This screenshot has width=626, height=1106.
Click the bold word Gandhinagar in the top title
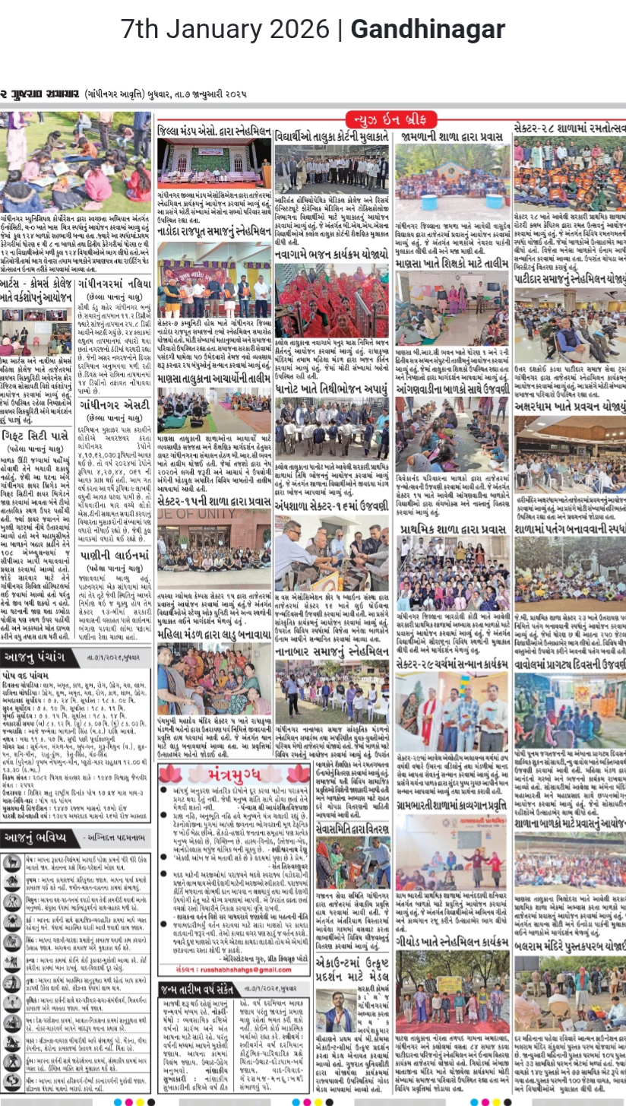(x=428, y=30)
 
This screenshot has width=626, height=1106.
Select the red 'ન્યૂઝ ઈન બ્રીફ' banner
(x=391, y=119)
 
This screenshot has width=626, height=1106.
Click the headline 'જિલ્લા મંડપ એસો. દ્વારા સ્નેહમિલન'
(x=213, y=132)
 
